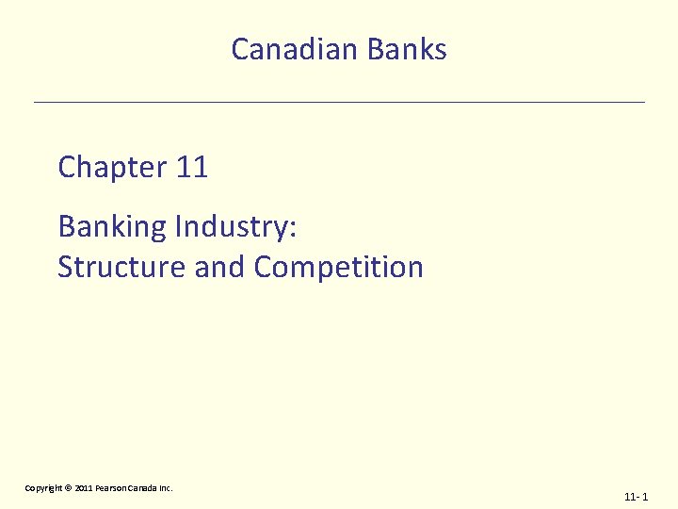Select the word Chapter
112,168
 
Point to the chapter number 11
191,168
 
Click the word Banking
112,227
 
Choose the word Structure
121,267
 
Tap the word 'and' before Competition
219,267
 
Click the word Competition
338,267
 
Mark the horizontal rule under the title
339,101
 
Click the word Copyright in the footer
43,488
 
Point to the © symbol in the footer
68,488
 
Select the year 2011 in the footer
83,488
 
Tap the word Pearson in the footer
110,488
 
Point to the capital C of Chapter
67,168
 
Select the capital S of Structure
65,267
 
